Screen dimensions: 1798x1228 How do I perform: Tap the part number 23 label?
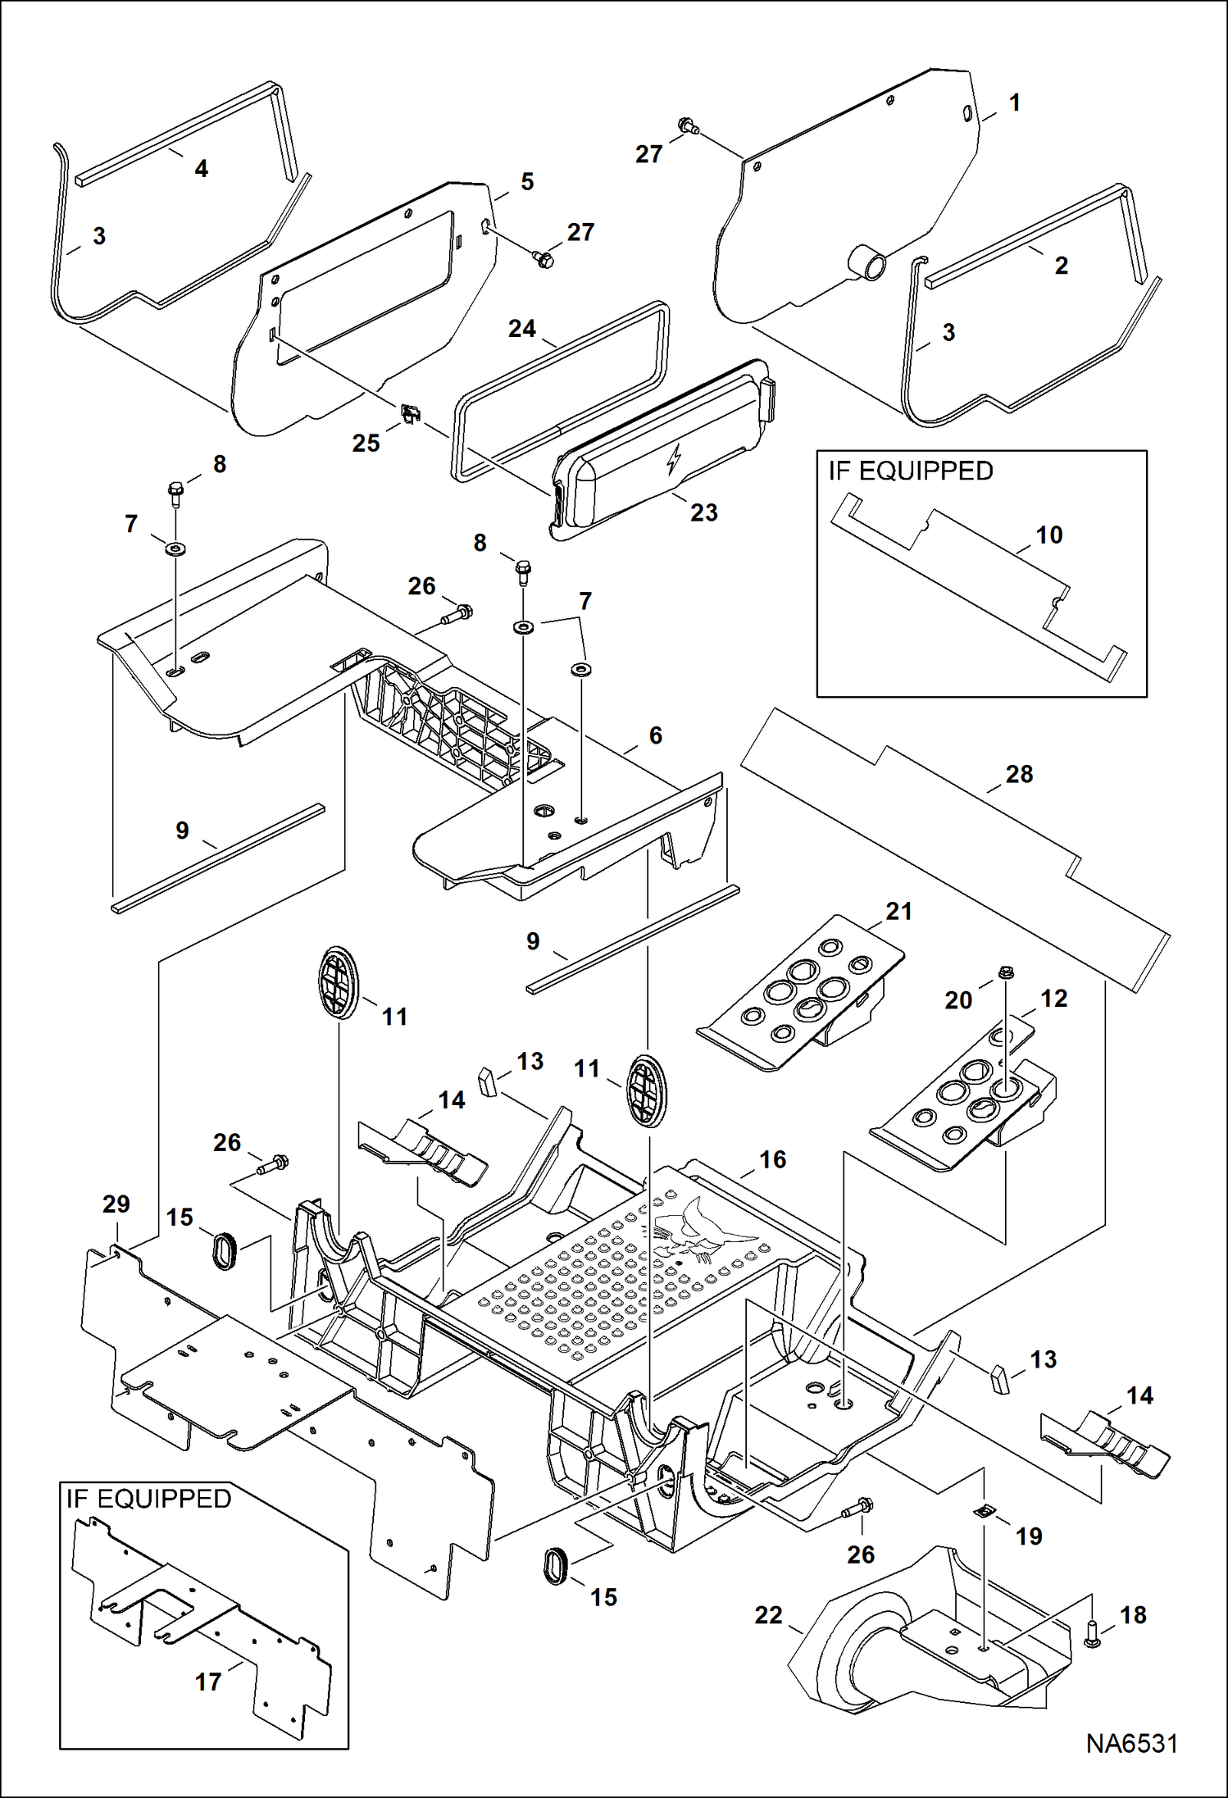[703, 512]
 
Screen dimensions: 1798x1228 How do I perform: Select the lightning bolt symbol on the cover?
[674, 459]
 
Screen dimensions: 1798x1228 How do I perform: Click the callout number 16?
[772, 1159]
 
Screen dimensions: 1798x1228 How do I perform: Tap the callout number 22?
[768, 1614]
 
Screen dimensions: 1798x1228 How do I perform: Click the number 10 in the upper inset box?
[1048, 535]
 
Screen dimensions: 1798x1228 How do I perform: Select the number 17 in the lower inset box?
[208, 1682]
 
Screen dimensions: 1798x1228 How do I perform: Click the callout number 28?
[1019, 774]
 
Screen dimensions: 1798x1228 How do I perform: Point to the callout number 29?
[116, 1204]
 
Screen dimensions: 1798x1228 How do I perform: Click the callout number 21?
[898, 911]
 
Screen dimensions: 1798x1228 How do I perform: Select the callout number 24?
[521, 329]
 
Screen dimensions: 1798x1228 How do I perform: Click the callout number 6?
[655, 735]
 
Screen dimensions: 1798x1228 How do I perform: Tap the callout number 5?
[527, 182]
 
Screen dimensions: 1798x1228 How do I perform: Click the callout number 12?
[1053, 998]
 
